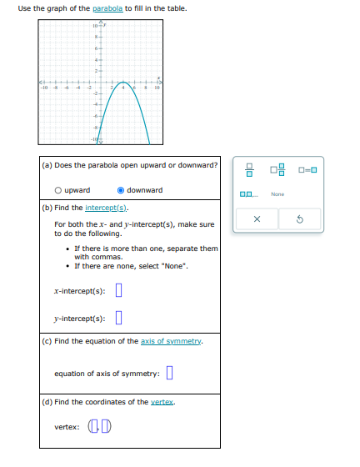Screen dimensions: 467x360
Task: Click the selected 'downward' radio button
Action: point(121,191)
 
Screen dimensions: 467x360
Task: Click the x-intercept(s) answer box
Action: point(118,291)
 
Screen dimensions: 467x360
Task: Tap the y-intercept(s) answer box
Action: point(118,318)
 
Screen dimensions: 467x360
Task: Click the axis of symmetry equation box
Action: point(170,373)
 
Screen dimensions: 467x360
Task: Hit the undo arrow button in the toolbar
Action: point(300,220)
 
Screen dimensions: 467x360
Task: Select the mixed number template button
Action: point(277,171)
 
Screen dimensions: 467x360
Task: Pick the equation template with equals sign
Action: point(307,171)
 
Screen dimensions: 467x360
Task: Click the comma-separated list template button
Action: point(248,193)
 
